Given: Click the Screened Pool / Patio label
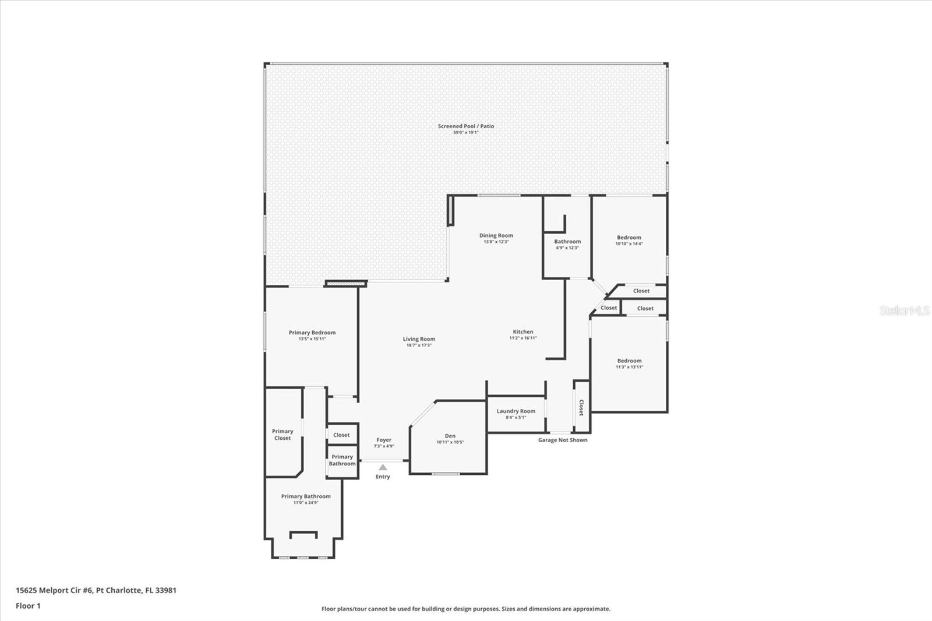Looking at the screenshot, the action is point(465,126).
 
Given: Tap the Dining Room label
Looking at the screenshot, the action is point(496,235).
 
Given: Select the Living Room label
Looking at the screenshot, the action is point(419,339).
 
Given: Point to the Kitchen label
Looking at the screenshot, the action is point(523,331).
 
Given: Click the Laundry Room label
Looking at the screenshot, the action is point(516,411).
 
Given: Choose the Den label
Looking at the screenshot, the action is point(450,436).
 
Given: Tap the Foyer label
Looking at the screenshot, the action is point(384,440).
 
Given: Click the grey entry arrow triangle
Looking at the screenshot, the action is point(383,467).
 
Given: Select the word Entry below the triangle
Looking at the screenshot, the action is point(383,477).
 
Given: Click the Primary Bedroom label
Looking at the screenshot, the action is point(312,333).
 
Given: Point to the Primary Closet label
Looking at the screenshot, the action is point(283,435).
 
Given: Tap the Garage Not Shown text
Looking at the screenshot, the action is point(563,440).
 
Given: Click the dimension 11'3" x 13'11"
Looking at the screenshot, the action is point(630,367).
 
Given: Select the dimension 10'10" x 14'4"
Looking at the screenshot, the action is point(629,244).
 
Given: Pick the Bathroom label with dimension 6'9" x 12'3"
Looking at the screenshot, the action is point(567,241).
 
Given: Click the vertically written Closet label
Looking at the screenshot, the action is point(581,407).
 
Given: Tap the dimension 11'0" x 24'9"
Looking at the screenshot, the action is point(306,503).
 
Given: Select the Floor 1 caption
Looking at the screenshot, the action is point(29,606).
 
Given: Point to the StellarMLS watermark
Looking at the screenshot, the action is point(905,310).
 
